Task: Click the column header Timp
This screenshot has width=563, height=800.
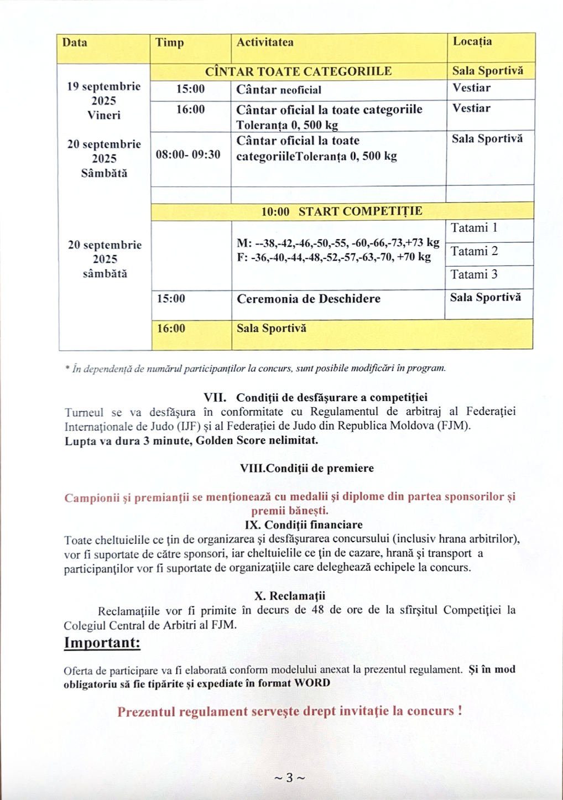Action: [170, 43]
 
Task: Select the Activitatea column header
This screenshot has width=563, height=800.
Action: [265, 43]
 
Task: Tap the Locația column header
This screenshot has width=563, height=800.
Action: [472, 42]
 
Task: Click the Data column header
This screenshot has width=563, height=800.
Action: [75, 43]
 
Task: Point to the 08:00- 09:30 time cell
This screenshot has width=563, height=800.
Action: [188, 155]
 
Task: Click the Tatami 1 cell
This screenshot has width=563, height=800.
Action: [474, 228]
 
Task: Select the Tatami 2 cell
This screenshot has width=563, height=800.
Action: [474, 252]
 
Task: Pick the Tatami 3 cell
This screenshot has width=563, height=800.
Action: [474, 275]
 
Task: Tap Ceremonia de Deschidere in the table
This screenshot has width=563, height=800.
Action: [309, 299]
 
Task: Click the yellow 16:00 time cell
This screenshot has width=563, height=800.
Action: [171, 329]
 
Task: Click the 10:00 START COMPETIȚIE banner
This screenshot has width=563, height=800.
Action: [342, 211]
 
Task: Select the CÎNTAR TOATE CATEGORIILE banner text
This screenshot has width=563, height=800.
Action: [298, 71]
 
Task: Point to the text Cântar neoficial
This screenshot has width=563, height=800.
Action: [279, 90]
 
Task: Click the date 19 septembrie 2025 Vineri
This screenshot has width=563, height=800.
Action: [104, 101]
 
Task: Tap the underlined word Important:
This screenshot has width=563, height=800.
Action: [102, 643]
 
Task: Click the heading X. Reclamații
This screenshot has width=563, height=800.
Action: [290, 596]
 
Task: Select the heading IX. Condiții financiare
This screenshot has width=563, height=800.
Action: [304, 524]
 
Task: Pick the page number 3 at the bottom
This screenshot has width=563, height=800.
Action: [290, 778]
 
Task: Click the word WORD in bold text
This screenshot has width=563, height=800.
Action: [312, 683]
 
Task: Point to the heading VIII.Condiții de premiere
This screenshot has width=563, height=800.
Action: [307, 468]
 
